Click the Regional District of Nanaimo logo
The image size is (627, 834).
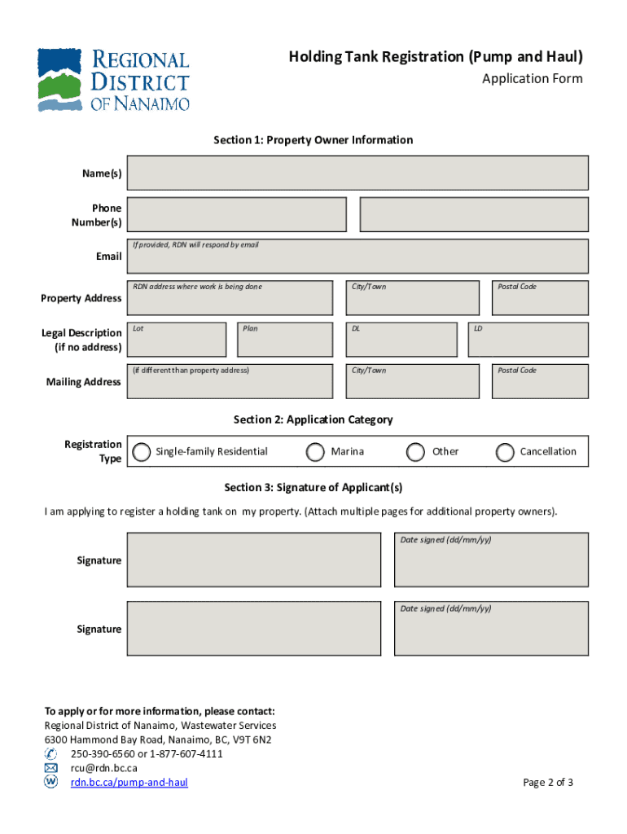point(113,80)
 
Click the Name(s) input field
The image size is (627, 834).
point(357,173)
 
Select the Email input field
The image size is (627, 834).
point(357,257)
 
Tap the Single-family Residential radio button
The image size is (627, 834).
point(142,452)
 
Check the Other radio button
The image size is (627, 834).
point(416,452)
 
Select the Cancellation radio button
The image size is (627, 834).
point(506,452)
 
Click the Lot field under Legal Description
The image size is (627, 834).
point(176,340)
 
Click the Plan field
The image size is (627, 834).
point(284,340)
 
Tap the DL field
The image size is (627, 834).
point(401,340)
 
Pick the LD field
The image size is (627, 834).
point(528,340)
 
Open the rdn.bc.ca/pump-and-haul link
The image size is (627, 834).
point(129,783)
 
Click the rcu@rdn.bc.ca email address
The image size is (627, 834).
point(103,768)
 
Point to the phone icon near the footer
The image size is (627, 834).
point(51,753)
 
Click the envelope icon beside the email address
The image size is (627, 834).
point(51,768)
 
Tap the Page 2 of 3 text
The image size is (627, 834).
point(548,783)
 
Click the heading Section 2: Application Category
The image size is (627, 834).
point(313,419)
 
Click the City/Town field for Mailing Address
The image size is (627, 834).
point(413,381)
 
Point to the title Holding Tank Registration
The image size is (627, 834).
point(435,57)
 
